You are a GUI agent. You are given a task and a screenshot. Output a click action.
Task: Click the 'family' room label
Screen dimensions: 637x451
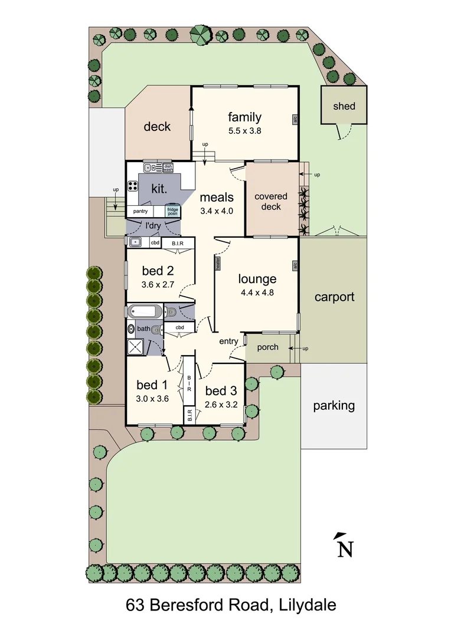tap(244, 117)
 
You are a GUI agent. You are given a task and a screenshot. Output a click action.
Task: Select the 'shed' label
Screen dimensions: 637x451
tap(344, 106)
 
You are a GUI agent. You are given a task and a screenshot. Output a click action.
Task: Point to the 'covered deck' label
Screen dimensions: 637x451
tap(271, 201)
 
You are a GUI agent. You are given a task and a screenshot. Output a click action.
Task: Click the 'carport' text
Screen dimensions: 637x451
tap(334, 297)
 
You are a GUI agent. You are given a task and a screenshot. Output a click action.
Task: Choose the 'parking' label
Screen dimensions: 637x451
tap(334, 405)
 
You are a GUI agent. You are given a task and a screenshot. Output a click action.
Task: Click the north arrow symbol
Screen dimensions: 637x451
tap(344, 546)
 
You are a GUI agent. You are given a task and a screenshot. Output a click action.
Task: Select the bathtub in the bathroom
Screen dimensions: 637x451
tap(142, 311)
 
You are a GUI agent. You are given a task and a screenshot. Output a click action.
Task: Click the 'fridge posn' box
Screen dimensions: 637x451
tap(172, 211)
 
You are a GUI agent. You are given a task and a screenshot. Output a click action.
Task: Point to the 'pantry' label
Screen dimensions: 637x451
tap(140, 211)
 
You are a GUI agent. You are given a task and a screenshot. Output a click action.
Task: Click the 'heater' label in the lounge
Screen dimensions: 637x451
tap(218, 263)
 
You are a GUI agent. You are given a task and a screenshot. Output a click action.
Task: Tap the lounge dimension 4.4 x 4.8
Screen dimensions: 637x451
tap(257, 292)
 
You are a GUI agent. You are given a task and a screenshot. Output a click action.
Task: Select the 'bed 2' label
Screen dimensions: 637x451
tap(158, 271)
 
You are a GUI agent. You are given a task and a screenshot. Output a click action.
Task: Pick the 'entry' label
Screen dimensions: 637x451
tap(228, 342)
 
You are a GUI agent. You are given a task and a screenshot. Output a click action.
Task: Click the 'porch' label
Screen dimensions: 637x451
tap(267, 347)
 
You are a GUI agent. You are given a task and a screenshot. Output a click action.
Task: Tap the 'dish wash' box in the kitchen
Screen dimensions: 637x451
tap(168, 168)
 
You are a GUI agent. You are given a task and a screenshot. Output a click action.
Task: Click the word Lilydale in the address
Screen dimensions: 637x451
tap(308, 605)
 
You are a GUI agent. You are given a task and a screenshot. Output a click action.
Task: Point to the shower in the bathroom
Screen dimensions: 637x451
tap(136, 347)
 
